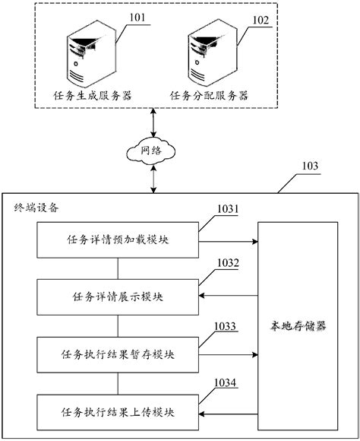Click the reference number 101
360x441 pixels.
point(137,17)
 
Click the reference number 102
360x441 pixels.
point(261,21)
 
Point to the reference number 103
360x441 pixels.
point(310,166)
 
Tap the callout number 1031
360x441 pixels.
point(228,209)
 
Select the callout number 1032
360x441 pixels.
point(228,262)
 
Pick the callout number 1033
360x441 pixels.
point(225,326)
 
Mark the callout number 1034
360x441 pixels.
point(225,382)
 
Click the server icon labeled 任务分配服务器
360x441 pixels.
point(212,52)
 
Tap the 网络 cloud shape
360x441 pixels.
point(151,151)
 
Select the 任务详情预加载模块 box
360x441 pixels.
point(118,240)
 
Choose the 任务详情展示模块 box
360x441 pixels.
point(118,297)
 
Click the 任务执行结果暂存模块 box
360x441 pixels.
point(118,355)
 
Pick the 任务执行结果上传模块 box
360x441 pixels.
point(118,412)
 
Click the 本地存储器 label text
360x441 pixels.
point(298,326)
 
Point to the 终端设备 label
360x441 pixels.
point(36,208)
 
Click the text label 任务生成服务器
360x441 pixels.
point(93,96)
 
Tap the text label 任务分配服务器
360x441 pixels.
point(209,96)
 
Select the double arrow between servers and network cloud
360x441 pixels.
point(153,123)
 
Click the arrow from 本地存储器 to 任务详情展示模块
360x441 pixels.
point(229,295)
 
